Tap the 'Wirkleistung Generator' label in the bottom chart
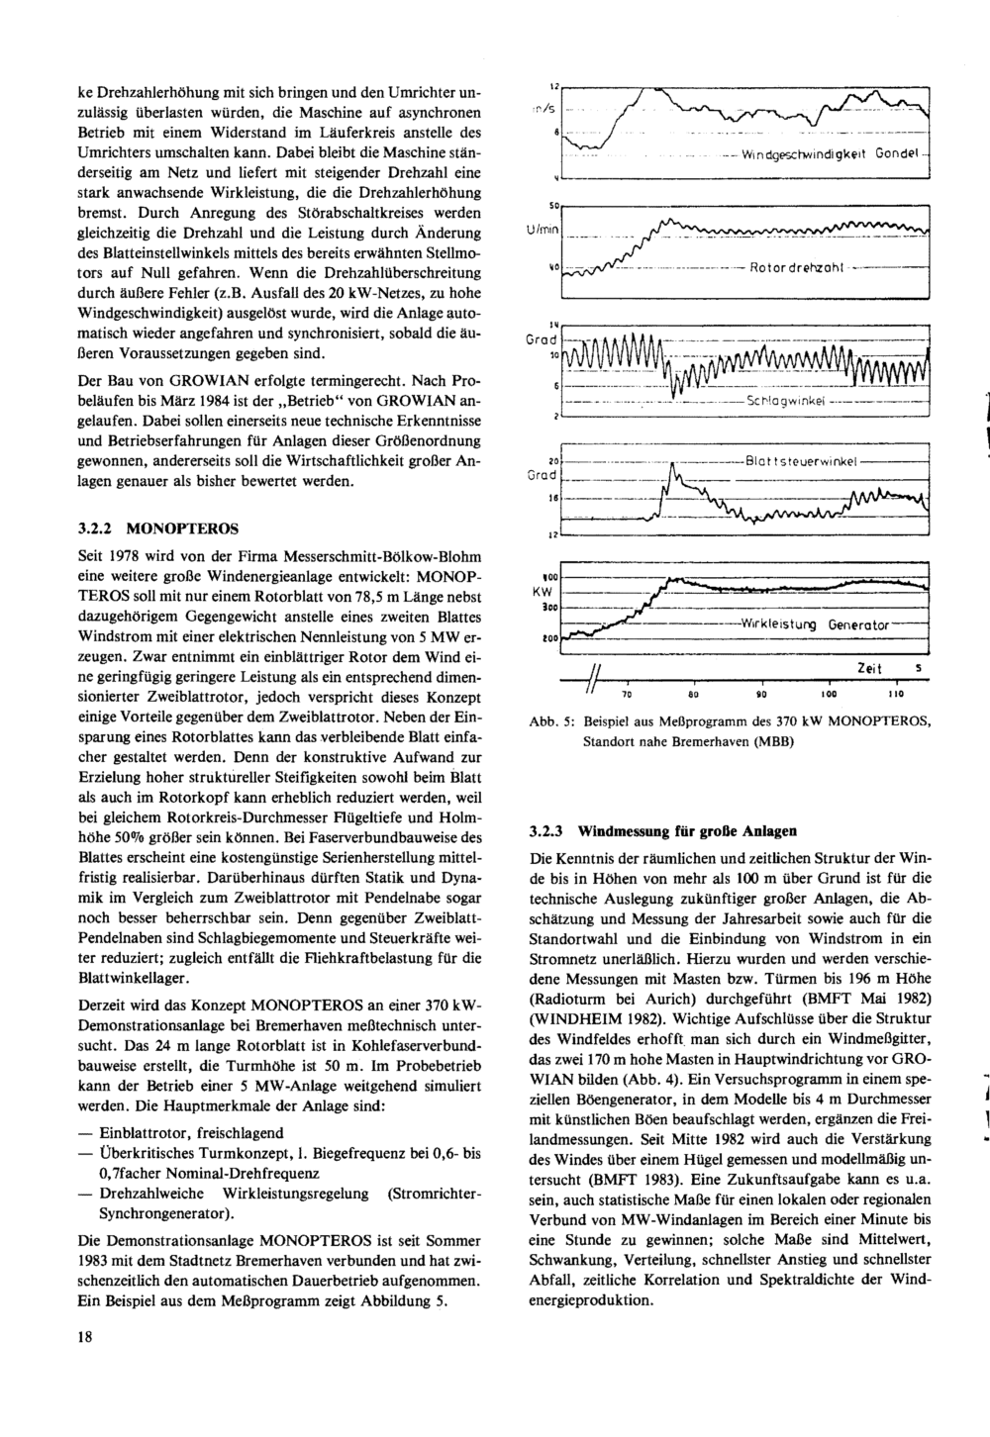coord(815,624)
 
